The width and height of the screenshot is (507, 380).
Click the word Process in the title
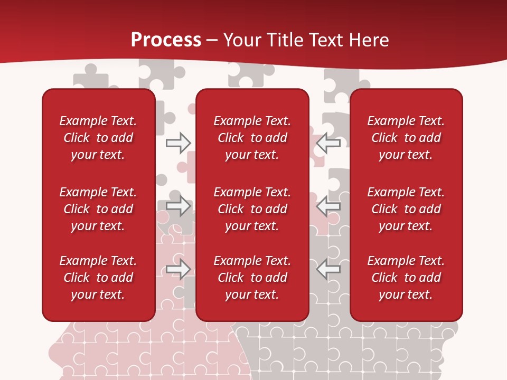point(166,40)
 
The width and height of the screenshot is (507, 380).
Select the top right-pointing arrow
point(178,143)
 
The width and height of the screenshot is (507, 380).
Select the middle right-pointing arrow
point(178,206)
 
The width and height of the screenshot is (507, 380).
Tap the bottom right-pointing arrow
point(178,270)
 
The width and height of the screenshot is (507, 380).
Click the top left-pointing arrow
point(328,143)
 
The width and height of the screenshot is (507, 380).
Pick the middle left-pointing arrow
point(328,206)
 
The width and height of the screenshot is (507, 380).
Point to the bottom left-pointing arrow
point(328,270)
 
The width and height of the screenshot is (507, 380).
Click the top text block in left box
point(98,138)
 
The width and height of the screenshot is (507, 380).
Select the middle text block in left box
point(98,209)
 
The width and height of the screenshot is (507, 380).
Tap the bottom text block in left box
point(98,278)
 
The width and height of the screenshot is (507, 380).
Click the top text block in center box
point(252,138)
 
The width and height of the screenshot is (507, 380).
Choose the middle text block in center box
point(252,209)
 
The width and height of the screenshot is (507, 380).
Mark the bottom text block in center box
point(252,278)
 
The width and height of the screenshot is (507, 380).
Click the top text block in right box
point(406,138)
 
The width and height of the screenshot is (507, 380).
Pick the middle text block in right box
point(406,209)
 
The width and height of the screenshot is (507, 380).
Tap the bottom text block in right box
point(406,278)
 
